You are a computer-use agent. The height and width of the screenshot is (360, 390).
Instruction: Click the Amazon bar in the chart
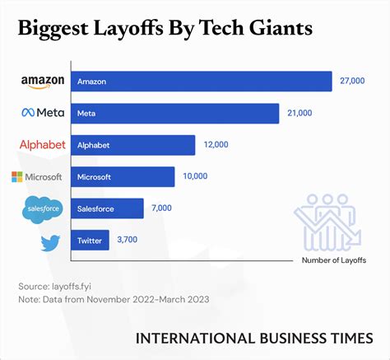click(x=202, y=82)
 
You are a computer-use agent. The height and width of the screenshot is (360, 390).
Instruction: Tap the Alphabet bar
click(x=133, y=145)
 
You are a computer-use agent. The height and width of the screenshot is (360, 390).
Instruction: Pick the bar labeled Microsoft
click(x=123, y=177)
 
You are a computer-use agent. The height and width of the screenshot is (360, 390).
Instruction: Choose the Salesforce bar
click(x=108, y=208)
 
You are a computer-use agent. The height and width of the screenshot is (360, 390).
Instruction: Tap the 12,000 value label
click(x=216, y=145)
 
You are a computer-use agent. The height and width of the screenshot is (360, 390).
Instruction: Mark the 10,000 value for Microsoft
click(x=195, y=177)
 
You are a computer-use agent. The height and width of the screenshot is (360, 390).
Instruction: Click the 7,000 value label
click(x=162, y=208)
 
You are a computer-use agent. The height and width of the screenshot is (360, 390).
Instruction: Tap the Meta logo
click(x=42, y=113)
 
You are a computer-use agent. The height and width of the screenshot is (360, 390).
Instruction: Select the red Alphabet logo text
click(x=42, y=145)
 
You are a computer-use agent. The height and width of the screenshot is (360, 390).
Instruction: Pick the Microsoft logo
click(x=36, y=177)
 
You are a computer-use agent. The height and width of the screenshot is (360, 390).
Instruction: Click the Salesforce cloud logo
click(x=42, y=210)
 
